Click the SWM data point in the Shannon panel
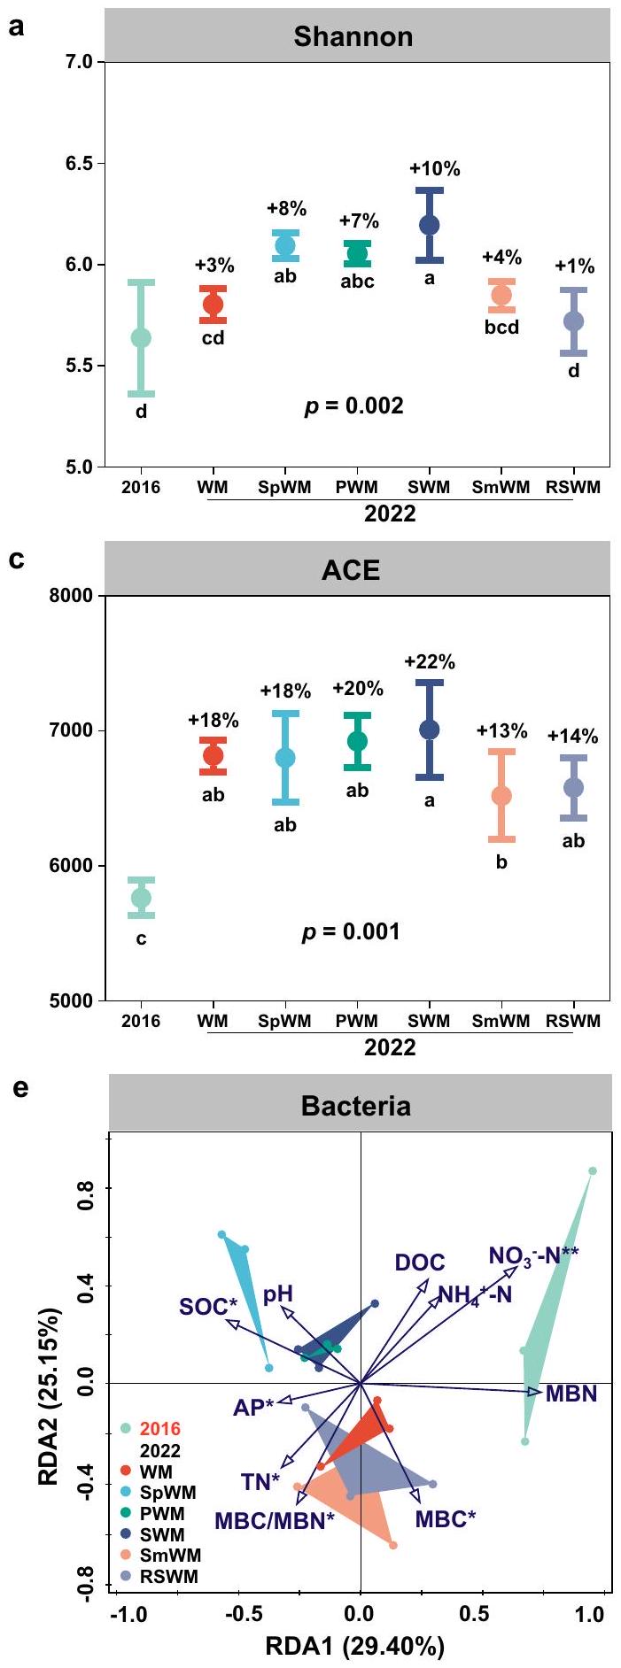coord(430,225)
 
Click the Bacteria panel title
coord(355,1106)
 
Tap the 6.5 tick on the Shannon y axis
coord(86,164)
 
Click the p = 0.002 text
coord(353,406)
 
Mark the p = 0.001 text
coord(351,932)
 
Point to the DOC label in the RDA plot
coord(420,1263)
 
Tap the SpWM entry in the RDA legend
coord(168,1493)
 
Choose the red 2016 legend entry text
coord(159,1429)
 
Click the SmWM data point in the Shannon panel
coord(501,295)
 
